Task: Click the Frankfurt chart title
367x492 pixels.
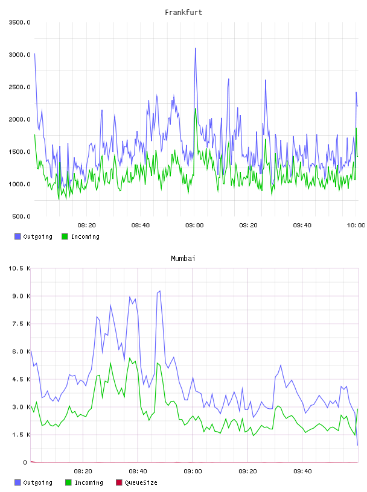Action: (x=183, y=13)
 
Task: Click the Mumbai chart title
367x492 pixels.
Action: (x=183, y=259)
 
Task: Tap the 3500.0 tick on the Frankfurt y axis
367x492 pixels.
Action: (x=19, y=22)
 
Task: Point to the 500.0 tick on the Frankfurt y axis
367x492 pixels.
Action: (x=21, y=216)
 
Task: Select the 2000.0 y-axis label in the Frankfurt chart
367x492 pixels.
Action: (x=19, y=119)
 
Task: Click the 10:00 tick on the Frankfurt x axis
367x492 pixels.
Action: (x=356, y=225)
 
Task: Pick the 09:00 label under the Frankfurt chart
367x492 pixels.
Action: (x=194, y=225)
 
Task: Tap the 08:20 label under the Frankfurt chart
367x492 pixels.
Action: (x=87, y=225)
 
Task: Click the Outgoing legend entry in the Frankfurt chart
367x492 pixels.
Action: (x=34, y=236)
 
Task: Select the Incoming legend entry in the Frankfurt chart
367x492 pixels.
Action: (x=81, y=236)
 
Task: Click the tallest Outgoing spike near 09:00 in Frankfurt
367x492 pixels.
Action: (x=196, y=48)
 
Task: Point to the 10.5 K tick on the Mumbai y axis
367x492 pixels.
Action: (x=19, y=268)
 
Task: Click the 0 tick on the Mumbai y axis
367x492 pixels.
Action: (x=25, y=462)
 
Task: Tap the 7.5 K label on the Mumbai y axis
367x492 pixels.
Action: (x=21, y=324)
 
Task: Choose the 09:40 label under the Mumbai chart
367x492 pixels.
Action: (x=302, y=471)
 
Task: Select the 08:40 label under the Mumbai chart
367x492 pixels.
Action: (x=138, y=471)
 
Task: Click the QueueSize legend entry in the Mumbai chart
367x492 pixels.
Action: (x=136, y=482)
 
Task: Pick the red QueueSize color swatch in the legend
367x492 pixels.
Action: (x=119, y=482)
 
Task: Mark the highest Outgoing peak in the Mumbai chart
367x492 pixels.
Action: (x=160, y=291)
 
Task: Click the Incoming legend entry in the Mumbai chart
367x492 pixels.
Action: (x=85, y=482)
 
